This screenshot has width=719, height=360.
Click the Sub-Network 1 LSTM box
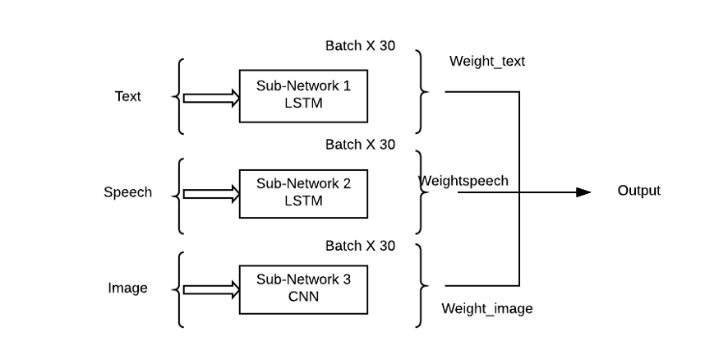tap(303, 96)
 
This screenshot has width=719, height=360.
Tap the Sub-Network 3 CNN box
tap(303, 288)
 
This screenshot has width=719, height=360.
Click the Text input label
tap(127, 96)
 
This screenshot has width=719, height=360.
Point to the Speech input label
tap(127, 192)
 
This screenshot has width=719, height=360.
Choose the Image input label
tap(127, 288)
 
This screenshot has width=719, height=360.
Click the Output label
tap(638, 191)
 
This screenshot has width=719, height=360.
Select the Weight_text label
tap(486, 62)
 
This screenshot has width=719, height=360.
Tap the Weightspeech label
tap(463, 181)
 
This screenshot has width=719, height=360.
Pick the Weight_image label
tap(486, 309)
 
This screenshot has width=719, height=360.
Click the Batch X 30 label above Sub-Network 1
tap(360, 46)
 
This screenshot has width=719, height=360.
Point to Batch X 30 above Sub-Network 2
tap(360, 145)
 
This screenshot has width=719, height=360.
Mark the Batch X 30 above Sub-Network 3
tap(360, 246)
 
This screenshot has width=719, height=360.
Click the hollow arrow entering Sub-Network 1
tap(210, 98)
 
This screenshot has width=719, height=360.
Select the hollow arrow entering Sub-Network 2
tap(210, 194)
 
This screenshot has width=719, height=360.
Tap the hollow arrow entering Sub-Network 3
tap(210, 289)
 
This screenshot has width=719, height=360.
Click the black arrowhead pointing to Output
tap(583, 192)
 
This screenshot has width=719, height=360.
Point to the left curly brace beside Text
tap(178, 96)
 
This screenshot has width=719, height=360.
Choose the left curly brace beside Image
tap(178, 288)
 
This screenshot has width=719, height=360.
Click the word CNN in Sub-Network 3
tap(303, 297)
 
